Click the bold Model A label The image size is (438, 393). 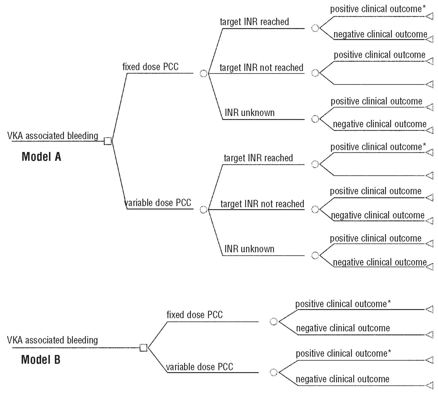click(x=41, y=157)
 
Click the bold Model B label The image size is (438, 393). click(x=41, y=360)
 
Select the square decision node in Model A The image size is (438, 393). click(x=108, y=141)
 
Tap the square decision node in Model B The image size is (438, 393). click(x=144, y=348)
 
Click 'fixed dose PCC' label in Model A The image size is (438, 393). click(x=151, y=67)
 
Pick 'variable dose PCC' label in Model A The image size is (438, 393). click(x=158, y=203)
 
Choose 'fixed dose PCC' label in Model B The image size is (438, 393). click(x=194, y=315)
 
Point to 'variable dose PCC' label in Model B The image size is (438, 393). click(x=199, y=367)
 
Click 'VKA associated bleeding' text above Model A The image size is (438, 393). click(x=53, y=136)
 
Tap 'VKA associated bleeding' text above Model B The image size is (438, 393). click(x=52, y=340)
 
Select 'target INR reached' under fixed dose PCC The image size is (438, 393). click(x=254, y=22)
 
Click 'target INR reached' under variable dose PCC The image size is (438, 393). click(x=258, y=158)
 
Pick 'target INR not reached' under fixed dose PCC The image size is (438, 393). click(x=261, y=68)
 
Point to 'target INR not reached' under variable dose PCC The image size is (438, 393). click(x=262, y=204)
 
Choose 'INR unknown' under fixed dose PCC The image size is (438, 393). click(x=249, y=113)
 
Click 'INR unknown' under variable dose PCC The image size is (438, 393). click(x=249, y=249)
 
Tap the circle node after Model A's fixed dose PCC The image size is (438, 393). click(x=204, y=73)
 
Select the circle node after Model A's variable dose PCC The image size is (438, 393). click(x=204, y=210)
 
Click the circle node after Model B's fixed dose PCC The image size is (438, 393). click(x=274, y=321)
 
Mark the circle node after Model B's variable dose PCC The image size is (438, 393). click(x=274, y=372)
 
